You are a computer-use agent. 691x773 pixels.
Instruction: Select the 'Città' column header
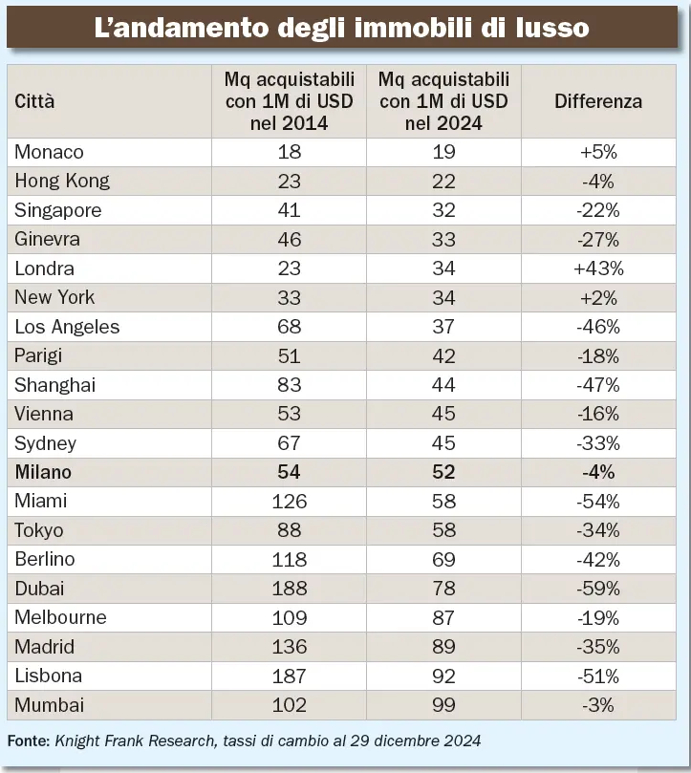(34, 101)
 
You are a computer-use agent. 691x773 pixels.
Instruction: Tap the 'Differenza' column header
(598, 101)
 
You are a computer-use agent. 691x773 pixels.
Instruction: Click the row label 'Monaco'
(49, 152)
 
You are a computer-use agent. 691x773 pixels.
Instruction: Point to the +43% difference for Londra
(598, 268)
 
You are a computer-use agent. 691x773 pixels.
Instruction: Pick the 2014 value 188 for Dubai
(289, 589)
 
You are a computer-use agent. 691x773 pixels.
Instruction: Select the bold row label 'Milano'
(43, 472)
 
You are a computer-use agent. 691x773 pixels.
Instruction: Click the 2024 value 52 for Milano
(443, 472)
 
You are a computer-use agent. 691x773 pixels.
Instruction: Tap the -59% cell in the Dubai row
(598, 589)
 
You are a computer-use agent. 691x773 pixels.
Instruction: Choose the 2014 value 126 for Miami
(289, 501)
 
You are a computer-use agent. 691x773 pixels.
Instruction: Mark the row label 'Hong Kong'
(62, 181)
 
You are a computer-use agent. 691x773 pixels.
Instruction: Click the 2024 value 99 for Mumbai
(443, 705)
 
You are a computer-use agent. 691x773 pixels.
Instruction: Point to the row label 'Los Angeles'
(67, 327)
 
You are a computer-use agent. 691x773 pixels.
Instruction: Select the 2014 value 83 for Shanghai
(289, 385)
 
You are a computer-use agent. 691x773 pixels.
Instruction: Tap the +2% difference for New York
(598, 297)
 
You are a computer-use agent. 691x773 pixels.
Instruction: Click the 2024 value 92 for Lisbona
(443, 676)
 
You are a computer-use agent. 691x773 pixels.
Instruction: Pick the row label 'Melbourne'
(60, 617)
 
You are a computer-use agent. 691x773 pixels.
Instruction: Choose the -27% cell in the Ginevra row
(598, 239)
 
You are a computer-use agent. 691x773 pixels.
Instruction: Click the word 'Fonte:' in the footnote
(29, 741)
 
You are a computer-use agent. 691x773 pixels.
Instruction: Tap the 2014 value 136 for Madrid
(289, 647)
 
